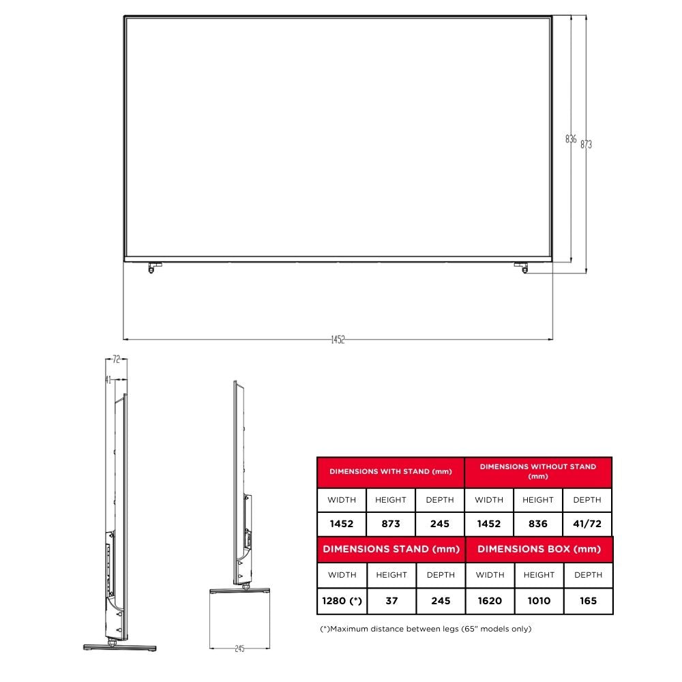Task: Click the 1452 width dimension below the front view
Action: pyautogui.click(x=338, y=340)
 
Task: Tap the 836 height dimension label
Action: pyautogui.click(x=571, y=139)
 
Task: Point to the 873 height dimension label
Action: pyautogui.click(x=586, y=144)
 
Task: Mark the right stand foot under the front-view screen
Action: pyautogui.click(x=522, y=267)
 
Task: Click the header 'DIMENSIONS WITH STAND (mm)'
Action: pyautogui.click(x=390, y=471)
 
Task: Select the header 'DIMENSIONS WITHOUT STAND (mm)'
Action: pyautogui.click(x=538, y=471)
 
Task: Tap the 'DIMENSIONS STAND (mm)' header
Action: pyautogui.click(x=391, y=549)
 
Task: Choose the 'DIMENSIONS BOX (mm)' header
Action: pyautogui.click(x=539, y=549)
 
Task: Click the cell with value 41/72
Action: pyautogui.click(x=587, y=524)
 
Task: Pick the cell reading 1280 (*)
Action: pyautogui.click(x=342, y=601)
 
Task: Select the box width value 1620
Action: pyautogui.click(x=490, y=601)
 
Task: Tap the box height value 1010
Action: pyautogui.click(x=539, y=601)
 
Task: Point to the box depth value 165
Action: pyautogui.click(x=588, y=601)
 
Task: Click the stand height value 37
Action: pyautogui.click(x=391, y=601)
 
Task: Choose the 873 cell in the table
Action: pyautogui.click(x=391, y=524)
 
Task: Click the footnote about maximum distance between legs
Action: pyautogui.click(x=426, y=629)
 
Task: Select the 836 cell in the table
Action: pyautogui.click(x=538, y=524)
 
